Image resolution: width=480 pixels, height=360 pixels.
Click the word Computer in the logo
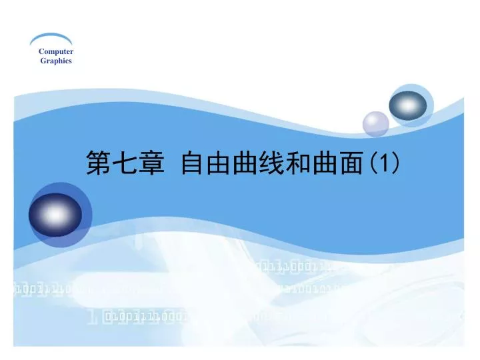tap(55, 51)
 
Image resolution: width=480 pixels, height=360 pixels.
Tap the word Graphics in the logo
tap(55, 61)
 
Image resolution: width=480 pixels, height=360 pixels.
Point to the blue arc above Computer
tap(51, 39)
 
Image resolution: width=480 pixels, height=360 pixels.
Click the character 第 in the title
tap(98, 163)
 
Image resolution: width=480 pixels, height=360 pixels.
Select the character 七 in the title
tap(125, 163)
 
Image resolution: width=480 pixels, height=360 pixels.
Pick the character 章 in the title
tap(151, 163)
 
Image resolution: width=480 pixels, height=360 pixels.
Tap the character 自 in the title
tap(193, 163)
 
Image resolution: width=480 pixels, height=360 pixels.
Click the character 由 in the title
tap(219, 163)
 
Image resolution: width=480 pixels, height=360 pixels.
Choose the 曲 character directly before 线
tap(246, 163)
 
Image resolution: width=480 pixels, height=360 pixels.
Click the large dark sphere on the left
tap(55, 215)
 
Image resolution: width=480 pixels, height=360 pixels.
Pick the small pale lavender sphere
tap(375, 123)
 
